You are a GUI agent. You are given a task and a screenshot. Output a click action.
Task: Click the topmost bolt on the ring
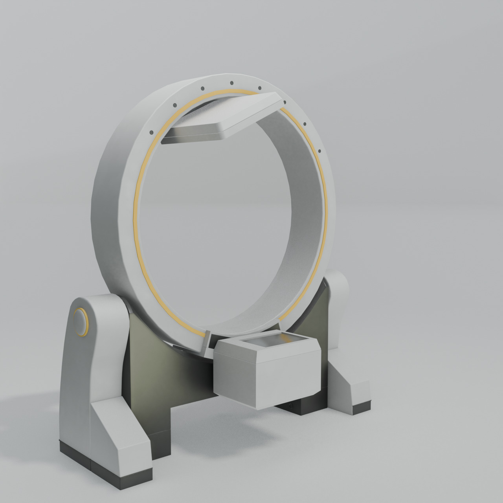[x=231, y=83]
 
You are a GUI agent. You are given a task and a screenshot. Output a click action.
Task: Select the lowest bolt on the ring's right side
[x=319, y=151]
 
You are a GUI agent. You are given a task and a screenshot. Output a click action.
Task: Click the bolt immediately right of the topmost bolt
[x=259, y=88]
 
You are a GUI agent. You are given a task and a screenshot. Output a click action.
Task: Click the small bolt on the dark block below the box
[x=291, y=405]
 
